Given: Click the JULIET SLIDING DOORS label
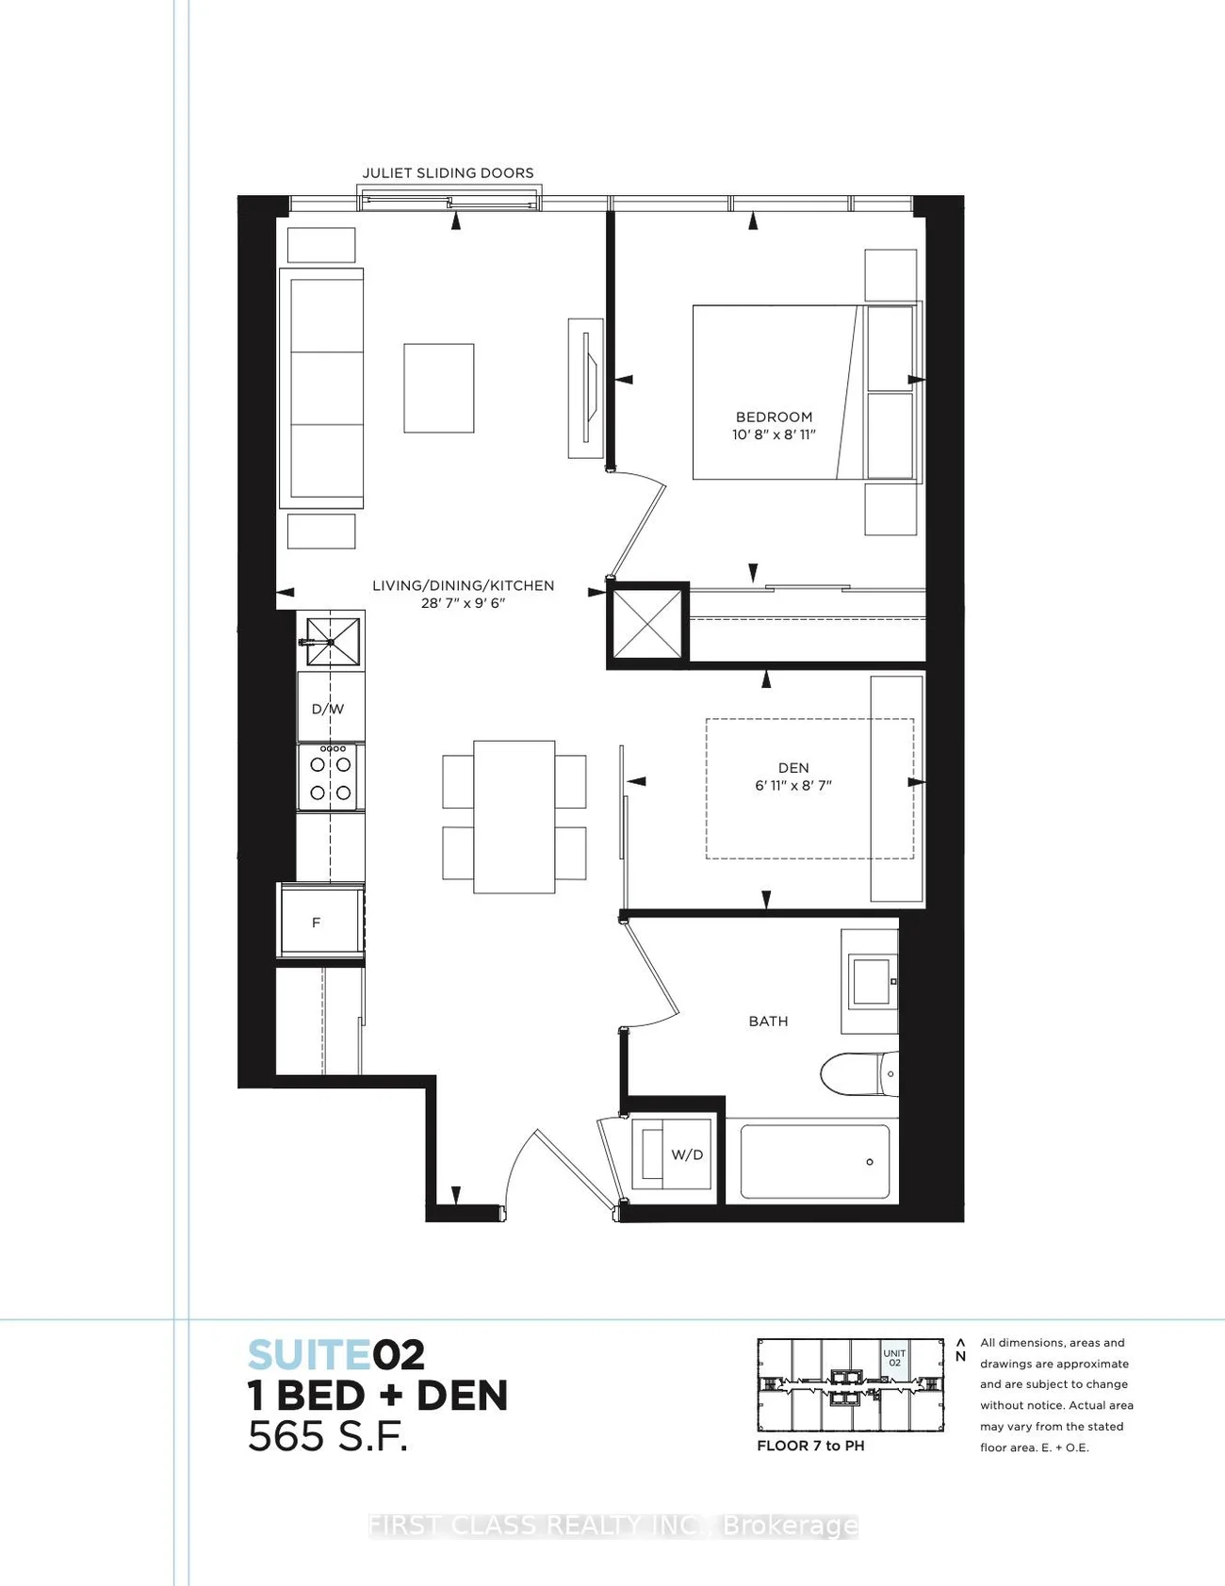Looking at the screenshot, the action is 449,172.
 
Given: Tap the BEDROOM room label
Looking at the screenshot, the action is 774,417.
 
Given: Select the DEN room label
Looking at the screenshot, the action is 793,768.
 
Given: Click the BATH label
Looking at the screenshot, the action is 768,1021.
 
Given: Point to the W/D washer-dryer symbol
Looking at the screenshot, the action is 671,1154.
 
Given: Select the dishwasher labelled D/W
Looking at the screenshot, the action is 330,707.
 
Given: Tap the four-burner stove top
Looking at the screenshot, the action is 330,777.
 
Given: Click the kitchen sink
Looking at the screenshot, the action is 332,641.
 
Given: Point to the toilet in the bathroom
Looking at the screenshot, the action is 858,1074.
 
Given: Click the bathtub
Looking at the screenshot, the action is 815,1161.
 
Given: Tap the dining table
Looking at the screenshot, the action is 514,816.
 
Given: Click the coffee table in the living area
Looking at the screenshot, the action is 439,388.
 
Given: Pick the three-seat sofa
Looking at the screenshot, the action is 321,389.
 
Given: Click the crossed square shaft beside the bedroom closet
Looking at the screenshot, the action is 646,624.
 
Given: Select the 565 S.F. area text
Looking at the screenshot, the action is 327,1436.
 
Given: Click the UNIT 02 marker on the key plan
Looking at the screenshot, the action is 894,1358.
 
